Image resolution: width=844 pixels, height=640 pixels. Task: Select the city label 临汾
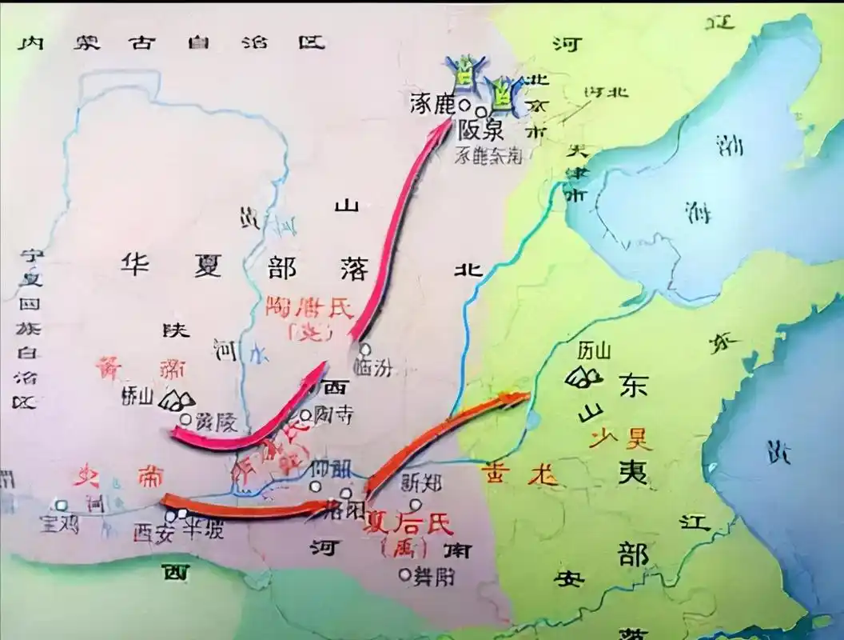(x=377, y=367)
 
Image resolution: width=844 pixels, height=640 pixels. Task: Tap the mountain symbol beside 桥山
(x=177, y=399)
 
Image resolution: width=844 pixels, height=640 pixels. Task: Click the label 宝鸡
(x=57, y=522)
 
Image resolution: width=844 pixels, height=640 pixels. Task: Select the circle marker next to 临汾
(x=365, y=349)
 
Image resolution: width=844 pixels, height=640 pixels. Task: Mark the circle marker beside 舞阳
(x=405, y=574)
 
